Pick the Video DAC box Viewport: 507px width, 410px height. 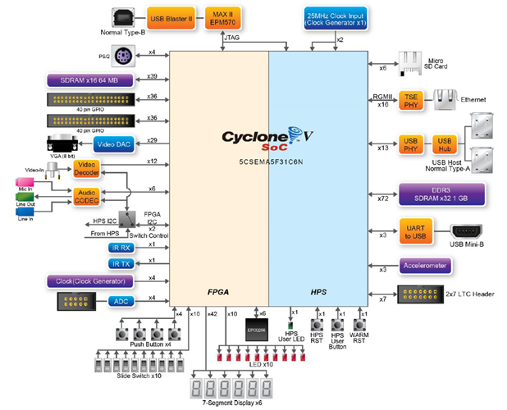pos(123,144)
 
